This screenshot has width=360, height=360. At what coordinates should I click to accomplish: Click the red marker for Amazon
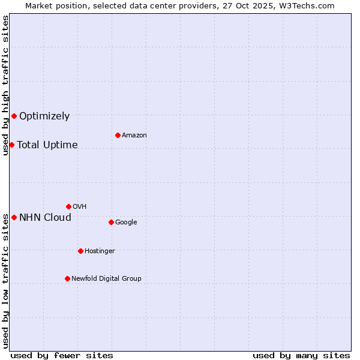point(118,135)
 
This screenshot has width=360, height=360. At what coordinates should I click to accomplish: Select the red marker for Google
point(111,222)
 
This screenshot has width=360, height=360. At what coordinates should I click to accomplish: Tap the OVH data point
point(68,206)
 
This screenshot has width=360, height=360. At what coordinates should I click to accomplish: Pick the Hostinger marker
point(80,251)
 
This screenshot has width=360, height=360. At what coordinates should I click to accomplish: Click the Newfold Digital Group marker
point(67,278)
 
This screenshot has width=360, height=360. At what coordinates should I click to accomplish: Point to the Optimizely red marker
point(14,116)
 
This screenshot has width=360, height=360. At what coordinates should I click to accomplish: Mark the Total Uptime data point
point(11,145)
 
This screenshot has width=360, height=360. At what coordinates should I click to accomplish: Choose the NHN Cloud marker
point(14,217)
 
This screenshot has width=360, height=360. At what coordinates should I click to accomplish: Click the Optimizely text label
point(44,116)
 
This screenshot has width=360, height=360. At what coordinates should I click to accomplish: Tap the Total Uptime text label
point(47,145)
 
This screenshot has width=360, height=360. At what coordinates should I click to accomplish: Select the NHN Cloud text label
point(45,218)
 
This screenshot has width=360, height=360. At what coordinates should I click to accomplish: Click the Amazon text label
point(134,136)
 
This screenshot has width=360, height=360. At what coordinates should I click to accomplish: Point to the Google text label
point(126,223)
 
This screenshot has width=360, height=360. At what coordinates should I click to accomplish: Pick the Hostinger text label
point(100,251)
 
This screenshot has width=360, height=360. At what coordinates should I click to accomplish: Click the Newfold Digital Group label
point(106,279)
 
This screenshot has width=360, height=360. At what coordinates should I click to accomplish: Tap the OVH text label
point(80,207)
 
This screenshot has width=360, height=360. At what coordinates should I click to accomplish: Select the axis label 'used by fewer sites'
point(62,355)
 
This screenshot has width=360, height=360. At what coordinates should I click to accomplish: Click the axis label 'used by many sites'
point(301,355)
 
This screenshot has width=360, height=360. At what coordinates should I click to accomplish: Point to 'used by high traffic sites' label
point(5,85)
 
